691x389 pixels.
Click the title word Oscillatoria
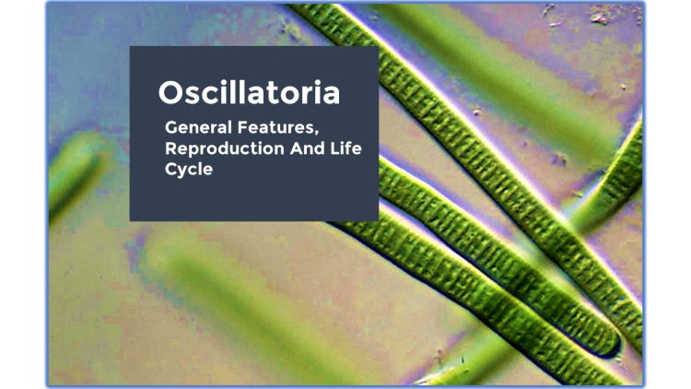coord(249,92)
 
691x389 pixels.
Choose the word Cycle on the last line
coord(188,170)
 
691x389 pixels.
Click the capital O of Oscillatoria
coord(170,92)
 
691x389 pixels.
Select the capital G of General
coord(170,125)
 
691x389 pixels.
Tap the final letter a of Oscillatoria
coord(331,93)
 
